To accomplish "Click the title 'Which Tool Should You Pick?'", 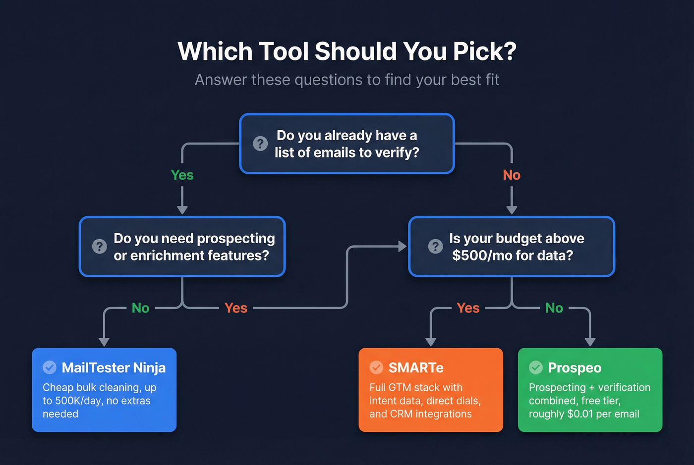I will pos(347,52).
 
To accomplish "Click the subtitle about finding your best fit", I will pos(347,80).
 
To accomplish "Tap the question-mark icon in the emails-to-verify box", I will pos(260,144).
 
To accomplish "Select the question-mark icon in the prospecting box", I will pos(100,246).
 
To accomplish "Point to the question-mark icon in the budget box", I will pos(435,246).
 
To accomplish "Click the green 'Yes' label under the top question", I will pos(182,175).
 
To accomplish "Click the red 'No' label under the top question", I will pos(512,175).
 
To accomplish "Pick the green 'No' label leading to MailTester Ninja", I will pos(140,308).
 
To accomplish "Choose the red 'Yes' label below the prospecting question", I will pos(235,308).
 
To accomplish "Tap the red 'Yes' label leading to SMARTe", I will pos(468,308).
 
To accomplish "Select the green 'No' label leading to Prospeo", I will pos(554,308).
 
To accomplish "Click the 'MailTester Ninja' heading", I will pos(114,367).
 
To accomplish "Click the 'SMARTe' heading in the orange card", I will pos(416,367).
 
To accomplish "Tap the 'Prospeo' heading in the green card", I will pos(575,367).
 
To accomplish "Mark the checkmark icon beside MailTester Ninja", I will pos(50,367).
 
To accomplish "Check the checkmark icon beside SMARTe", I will pos(376,367).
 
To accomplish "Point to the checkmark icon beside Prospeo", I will pos(536,367).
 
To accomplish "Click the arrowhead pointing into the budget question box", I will pos(403,246).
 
